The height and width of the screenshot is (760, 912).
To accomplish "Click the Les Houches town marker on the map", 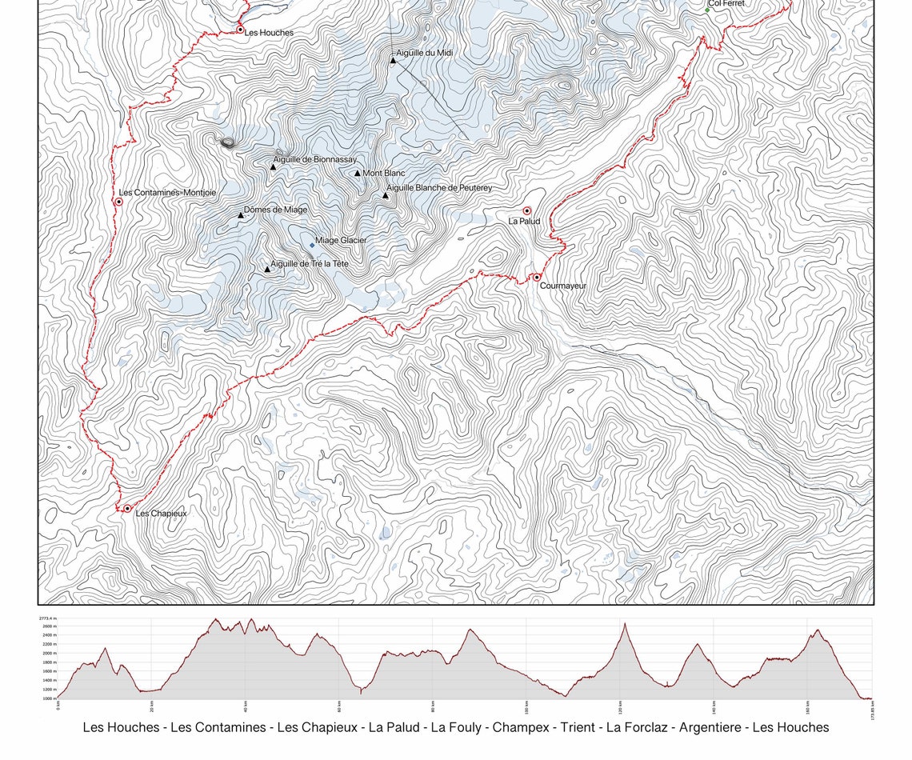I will point(240,30).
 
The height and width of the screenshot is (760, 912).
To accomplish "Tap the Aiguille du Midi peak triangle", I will point(393,60).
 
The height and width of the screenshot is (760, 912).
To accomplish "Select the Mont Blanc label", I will point(384,174).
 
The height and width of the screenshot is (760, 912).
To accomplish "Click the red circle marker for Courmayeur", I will point(537,278).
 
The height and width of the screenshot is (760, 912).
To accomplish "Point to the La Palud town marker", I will point(526,211).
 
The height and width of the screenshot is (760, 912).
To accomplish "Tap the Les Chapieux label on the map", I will point(161,514).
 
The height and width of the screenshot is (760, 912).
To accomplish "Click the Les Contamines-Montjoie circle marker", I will point(118,202).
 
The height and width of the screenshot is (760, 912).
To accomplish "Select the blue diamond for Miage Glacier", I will point(312,246).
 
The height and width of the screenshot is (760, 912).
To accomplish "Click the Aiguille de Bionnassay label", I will point(315,160).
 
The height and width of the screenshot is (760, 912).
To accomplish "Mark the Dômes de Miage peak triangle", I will point(240,215).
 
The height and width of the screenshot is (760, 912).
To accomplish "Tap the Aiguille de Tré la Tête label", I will point(310,264).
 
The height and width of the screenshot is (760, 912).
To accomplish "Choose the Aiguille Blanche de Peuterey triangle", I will point(385,195).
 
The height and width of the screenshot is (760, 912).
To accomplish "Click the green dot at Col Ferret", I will point(707,10).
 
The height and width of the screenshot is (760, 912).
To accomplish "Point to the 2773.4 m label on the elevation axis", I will point(47,618).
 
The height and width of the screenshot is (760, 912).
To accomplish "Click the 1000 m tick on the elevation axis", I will point(48,698).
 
